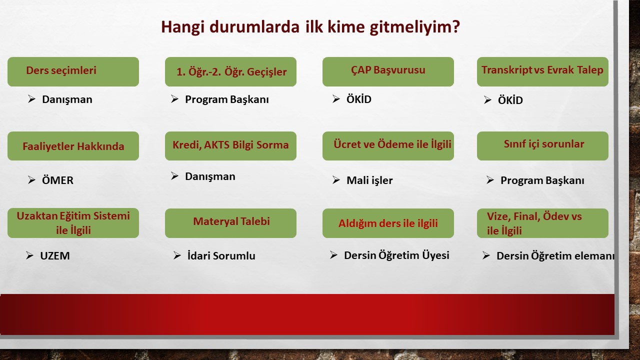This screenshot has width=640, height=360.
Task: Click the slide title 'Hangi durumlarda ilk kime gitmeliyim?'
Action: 310,27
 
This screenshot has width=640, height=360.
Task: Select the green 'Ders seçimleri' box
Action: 73,71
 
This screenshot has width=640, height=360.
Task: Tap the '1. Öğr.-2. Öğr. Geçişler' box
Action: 230,71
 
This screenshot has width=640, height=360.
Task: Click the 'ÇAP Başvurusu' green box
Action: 388,71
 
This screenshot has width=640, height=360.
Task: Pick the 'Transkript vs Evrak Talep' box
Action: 542,71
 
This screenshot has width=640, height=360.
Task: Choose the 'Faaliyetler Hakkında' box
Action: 73,146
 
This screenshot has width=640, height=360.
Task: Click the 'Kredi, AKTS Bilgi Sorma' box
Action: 230,146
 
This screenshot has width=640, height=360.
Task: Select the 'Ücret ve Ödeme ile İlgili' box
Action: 388,146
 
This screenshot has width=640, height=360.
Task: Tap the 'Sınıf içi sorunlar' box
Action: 542,146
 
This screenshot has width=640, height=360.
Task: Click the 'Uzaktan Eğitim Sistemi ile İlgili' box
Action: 73,223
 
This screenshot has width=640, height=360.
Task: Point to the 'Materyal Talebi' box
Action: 230,223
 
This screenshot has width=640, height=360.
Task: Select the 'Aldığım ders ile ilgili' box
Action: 388,223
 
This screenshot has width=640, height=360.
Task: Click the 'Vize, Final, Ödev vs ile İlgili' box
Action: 542,223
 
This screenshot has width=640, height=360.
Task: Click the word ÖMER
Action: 57,180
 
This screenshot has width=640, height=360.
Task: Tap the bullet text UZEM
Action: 55,255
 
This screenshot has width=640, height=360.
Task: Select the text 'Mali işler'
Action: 369,180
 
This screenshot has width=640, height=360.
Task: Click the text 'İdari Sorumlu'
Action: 221,255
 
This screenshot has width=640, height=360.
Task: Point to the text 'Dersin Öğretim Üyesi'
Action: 396,255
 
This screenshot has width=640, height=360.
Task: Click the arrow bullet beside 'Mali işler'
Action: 336,180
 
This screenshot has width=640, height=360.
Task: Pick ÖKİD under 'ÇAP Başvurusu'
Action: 359,99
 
